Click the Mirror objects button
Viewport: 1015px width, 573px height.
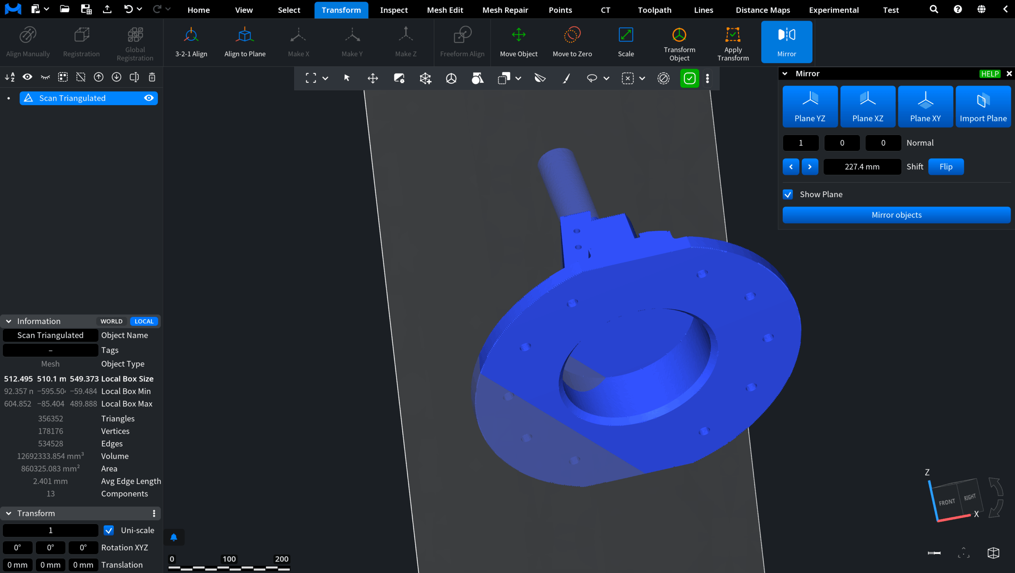[896, 215]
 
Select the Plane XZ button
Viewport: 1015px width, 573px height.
[868, 107]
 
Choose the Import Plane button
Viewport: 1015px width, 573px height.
[983, 107]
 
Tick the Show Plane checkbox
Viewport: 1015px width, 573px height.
[788, 194]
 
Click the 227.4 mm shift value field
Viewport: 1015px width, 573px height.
[862, 167]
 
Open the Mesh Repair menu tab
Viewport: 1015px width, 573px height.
[505, 10]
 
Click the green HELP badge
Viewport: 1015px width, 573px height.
[990, 74]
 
